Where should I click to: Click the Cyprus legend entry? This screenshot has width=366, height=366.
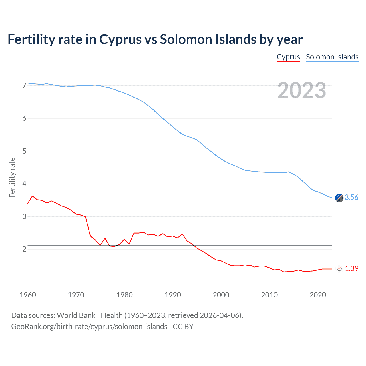288,57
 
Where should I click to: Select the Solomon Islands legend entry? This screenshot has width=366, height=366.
332,57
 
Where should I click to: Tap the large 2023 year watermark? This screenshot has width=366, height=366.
302,90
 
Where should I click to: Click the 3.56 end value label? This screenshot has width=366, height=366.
351,197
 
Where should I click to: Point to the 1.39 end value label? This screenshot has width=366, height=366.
351,268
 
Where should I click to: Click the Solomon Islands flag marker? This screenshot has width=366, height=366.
339,198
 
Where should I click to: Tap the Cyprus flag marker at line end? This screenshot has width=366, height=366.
339,269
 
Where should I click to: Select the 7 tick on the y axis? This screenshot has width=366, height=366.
24,85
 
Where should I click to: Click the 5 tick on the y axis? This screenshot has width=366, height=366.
24,151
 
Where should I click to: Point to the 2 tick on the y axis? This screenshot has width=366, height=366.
24,249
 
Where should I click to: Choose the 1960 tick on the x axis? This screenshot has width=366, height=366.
28,295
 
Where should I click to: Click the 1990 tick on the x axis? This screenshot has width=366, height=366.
173,295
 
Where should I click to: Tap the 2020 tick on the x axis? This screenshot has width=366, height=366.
318,295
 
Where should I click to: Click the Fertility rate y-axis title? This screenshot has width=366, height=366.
12,177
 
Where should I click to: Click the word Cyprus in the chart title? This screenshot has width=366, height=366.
120,39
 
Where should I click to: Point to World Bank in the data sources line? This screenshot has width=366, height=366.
76,315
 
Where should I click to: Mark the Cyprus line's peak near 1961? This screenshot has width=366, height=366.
32,196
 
